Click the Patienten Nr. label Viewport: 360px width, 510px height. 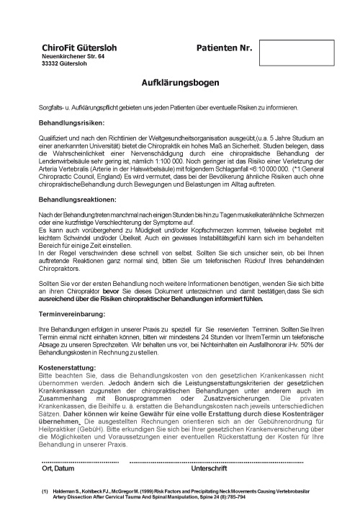[x=224, y=48]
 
